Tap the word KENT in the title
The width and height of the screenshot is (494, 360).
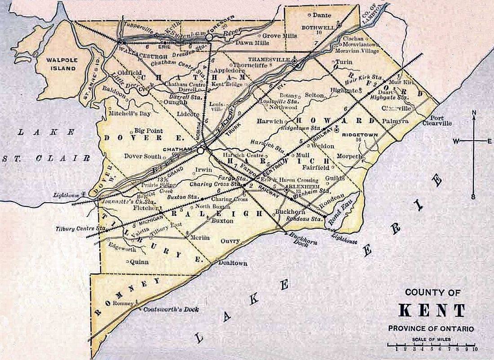click(x=432, y=311)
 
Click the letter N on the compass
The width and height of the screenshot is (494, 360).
click(x=474, y=112)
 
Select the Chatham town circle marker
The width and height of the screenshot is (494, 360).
click(x=200, y=151)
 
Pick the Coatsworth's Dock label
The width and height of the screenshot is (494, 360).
click(x=171, y=310)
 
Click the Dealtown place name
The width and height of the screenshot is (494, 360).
click(x=233, y=263)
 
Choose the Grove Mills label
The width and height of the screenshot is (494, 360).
click(x=278, y=36)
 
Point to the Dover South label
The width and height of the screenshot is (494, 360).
click(x=143, y=156)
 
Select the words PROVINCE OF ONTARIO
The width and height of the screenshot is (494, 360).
click(x=431, y=329)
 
